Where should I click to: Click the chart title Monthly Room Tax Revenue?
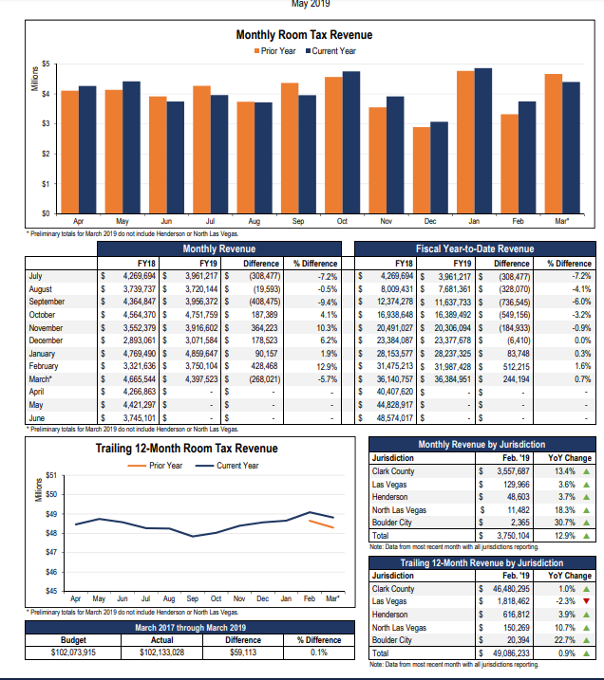point(303,35)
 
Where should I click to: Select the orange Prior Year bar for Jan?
point(464,141)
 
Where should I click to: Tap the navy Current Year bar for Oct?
point(351,141)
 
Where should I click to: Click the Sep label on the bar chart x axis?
point(297,220)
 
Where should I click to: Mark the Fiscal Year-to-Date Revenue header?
point(475,249)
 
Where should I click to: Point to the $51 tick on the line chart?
point(52,474)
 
